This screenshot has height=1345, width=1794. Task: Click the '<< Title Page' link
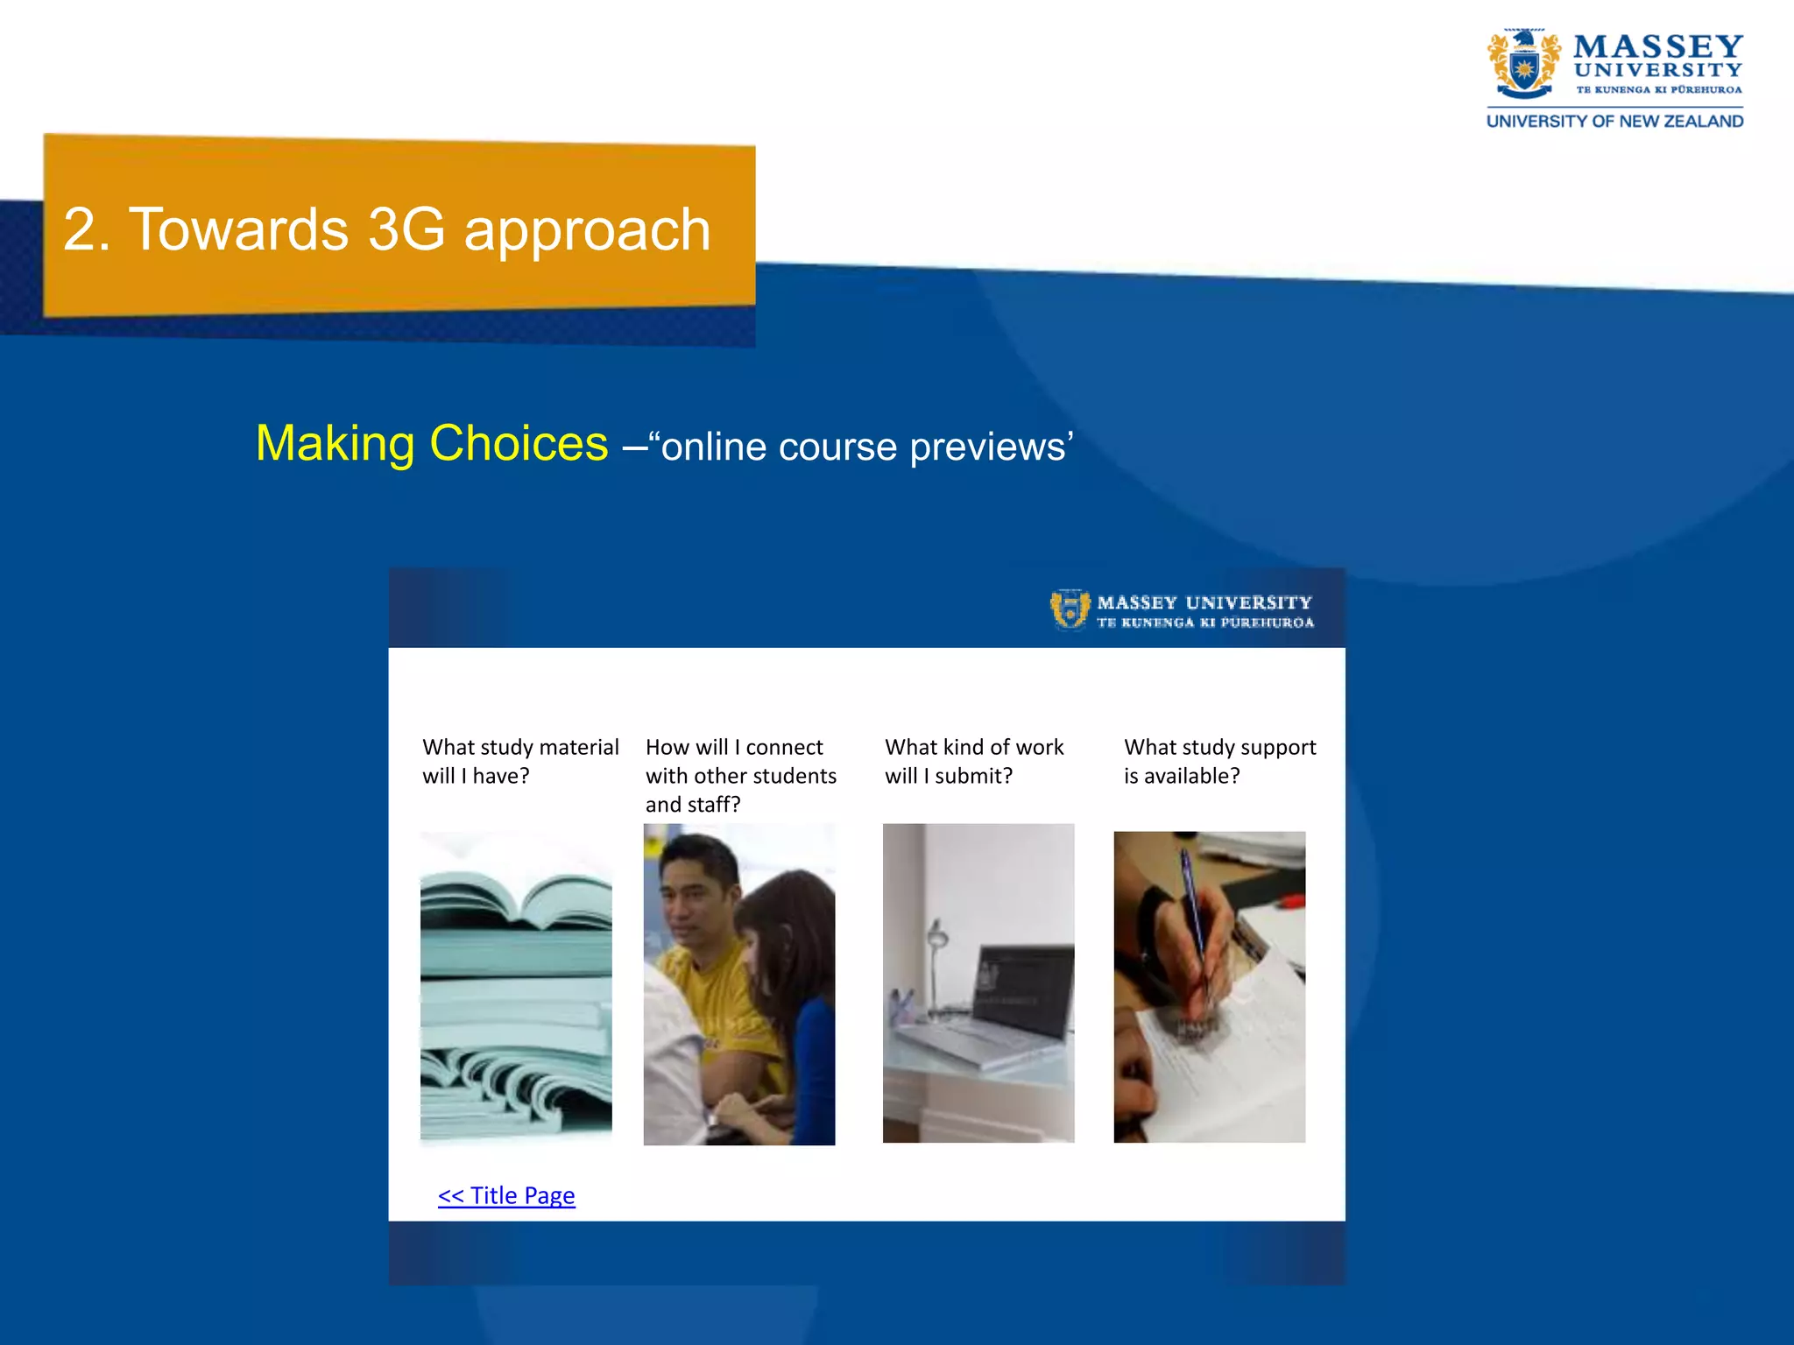click(506, 1195)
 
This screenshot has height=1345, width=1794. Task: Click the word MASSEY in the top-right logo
click(1657, 46)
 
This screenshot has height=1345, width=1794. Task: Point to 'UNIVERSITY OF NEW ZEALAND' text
click(1614, 122)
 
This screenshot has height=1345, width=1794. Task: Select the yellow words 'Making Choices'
click(432, 443)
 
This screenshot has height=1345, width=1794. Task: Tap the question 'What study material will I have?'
click(519, 761)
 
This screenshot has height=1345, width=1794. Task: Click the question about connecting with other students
click(740, 775)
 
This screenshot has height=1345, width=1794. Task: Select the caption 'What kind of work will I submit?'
click(973, 761)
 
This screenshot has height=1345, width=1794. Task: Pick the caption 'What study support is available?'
click(1219, 761)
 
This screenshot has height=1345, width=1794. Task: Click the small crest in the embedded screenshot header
click(1070, 609)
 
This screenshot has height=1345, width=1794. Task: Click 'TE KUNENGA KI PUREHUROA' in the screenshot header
click(1205, 623)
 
